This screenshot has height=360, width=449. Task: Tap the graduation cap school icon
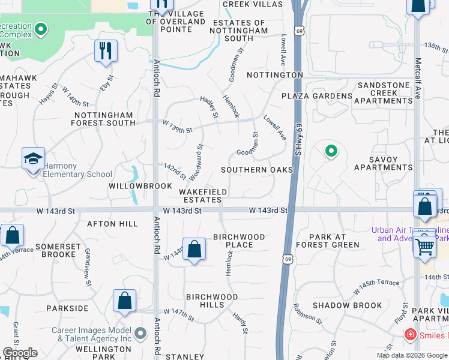click(34, 158)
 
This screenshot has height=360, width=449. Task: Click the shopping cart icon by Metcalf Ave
click(424, 245)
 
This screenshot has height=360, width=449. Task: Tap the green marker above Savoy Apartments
click(330, 151)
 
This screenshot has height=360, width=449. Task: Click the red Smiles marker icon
click(411, 334)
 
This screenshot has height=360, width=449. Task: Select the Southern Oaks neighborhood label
click(257, 170)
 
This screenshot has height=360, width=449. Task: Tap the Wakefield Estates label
click(203, 196)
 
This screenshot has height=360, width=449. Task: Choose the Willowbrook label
click(140, 186)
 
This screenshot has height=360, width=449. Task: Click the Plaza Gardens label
click(318, 96)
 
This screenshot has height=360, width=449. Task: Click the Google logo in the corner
click(20, 353)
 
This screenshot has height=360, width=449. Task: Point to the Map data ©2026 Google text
click(411, 355)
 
